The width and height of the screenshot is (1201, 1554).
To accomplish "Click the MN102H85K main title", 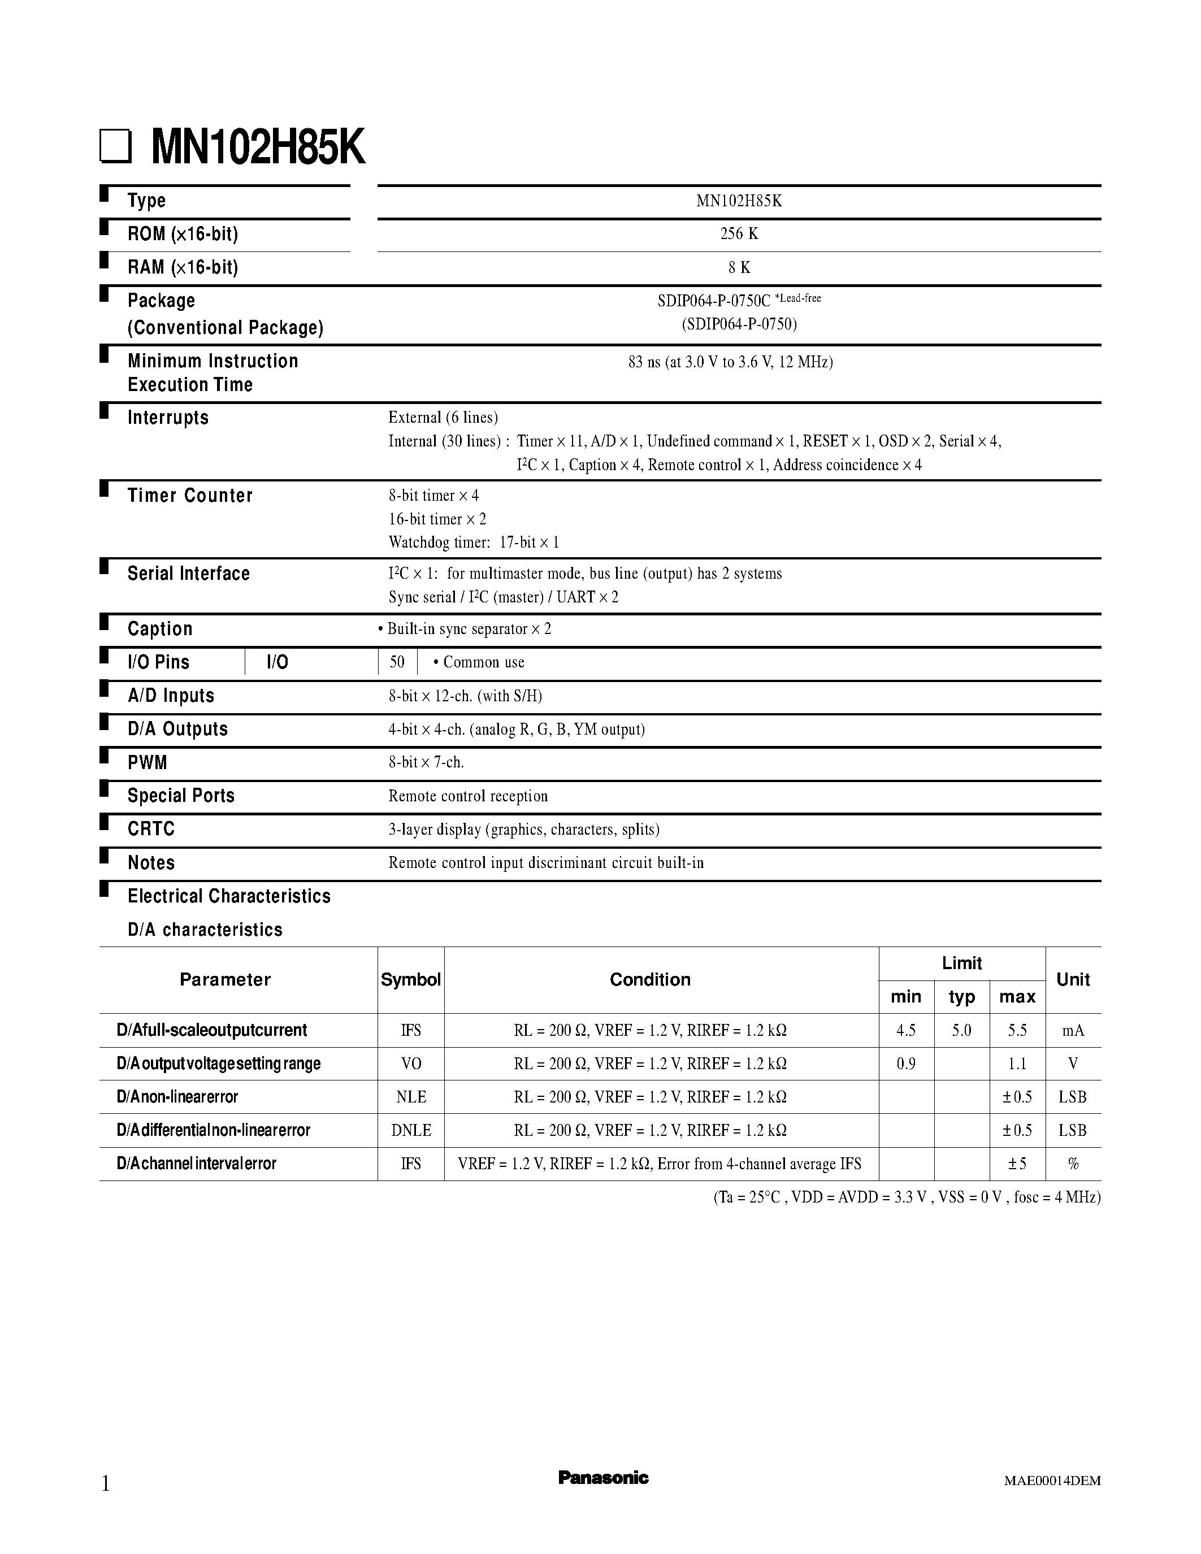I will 258,148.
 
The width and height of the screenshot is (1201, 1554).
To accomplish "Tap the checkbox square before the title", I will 115,147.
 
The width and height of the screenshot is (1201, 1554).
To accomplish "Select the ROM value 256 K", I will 739,234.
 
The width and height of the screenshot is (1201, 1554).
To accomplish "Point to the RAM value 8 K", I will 739,267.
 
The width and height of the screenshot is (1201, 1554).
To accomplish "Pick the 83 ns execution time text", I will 730,362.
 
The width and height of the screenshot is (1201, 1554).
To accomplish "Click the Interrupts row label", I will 168,418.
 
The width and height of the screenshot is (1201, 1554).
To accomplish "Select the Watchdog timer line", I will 474,542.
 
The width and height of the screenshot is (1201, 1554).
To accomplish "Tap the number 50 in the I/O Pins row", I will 397,662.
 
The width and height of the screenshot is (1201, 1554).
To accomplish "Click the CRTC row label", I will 151,829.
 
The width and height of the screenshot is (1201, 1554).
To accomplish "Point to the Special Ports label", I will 181,796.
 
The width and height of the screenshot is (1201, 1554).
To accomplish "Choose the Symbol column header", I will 410,980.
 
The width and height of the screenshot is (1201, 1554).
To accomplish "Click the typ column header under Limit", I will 961,997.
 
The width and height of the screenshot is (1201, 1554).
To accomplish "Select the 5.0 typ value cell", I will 961,1030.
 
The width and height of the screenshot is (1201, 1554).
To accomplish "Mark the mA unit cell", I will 1072,1030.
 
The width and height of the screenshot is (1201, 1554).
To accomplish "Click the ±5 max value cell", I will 1016,1164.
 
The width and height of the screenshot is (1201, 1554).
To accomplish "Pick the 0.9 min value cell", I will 906,1064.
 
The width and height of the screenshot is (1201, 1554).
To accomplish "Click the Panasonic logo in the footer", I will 602,1478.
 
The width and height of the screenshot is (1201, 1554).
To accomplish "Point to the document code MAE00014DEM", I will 1052,1481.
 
